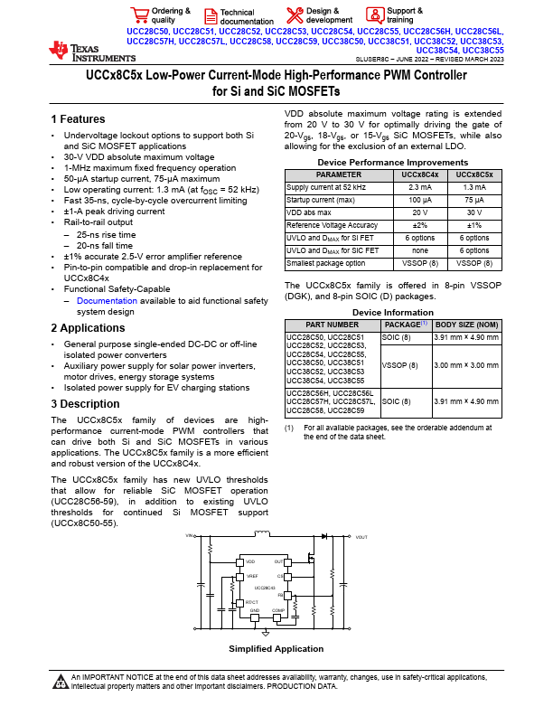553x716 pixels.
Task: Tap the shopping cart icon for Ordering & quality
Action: click(139, 14)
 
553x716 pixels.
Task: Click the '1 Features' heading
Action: click(78, 119)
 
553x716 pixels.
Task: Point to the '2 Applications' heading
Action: click(89, 329)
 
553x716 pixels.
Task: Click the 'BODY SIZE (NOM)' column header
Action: click(466, 324)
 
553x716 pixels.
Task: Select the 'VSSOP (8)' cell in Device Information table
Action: click(401, 364)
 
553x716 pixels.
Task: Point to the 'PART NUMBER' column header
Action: click(332, 324)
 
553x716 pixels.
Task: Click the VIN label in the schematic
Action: click(190, 536)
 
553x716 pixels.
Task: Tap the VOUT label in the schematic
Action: click(361, 537)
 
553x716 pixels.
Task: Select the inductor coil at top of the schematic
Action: click(263, 532)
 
